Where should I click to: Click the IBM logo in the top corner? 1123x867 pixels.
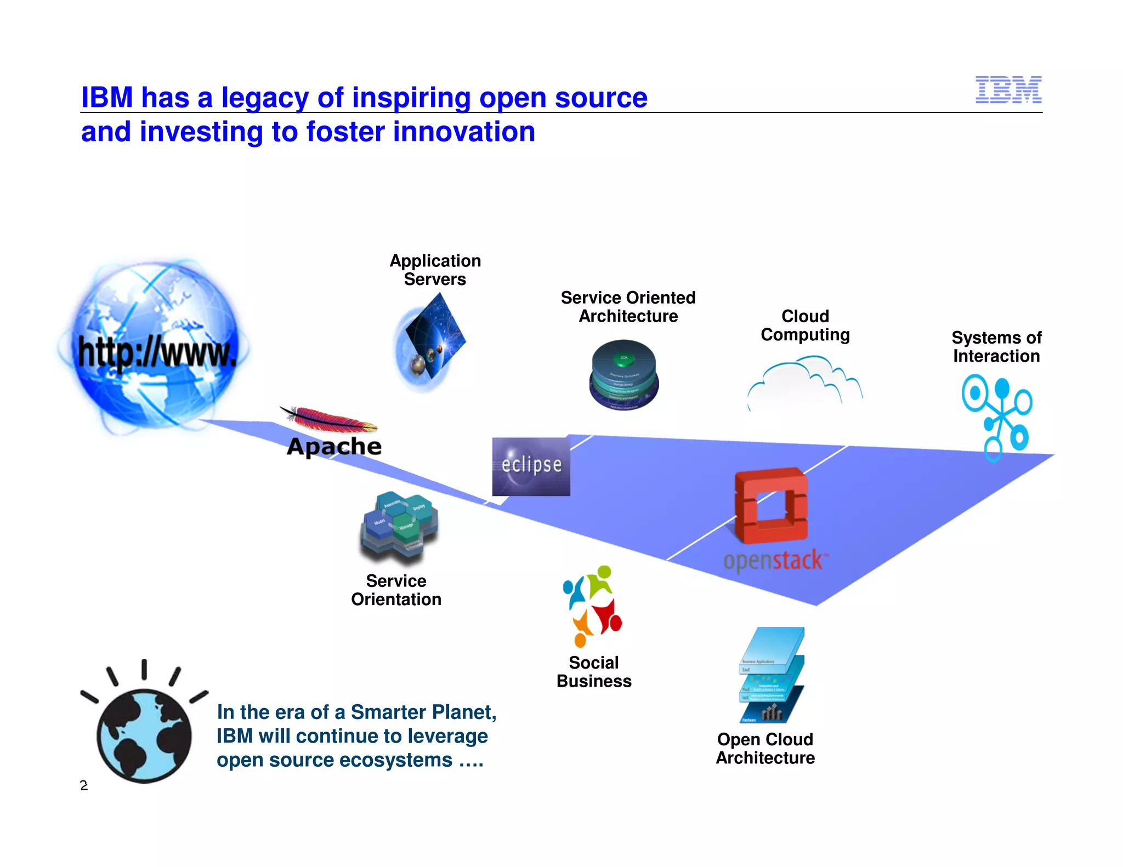[x=1008, y=90]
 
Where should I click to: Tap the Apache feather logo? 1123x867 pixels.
[x=329, y=420]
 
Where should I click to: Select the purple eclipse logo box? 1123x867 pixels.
[x=531, y=466]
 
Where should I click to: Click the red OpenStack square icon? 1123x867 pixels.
[x=771, y=505]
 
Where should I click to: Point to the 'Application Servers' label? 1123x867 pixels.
[x=435, y=270]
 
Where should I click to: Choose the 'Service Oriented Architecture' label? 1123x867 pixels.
[x=628, y=307]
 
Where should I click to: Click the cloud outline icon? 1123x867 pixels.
[x=804, y=381]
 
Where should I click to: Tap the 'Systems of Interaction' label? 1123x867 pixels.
[x=996, y=347]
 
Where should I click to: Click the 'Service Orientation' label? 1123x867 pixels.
[x=396, y=590]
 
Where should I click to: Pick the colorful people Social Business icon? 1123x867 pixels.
[x=593, y=606]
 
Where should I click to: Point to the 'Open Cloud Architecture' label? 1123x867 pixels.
[x=765, y=749]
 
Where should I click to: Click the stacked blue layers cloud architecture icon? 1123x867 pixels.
[x=772, y=675]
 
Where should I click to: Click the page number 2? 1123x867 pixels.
[x=84, y=785]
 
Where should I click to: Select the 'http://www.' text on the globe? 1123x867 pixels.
[x=157, y=352]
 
